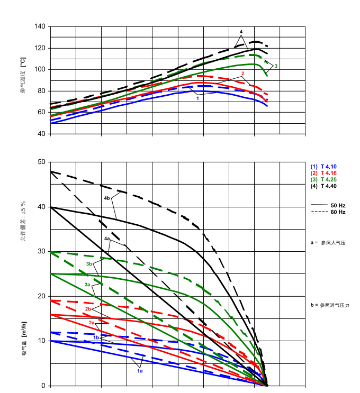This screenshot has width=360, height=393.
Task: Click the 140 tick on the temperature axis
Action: pos(40,26)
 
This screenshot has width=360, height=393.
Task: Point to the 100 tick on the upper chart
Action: pos(40,69)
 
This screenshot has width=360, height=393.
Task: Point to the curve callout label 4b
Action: pos(107,198)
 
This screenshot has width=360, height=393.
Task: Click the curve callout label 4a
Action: pos(107,239)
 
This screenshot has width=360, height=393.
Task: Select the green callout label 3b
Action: pos(89,263)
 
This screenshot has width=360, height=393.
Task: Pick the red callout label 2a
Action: pos(91,322)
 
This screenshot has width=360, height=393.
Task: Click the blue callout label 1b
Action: pos(96,337)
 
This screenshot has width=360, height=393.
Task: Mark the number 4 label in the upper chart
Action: pos(241,32)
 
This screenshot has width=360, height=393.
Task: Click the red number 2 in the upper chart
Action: pos(242,74)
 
